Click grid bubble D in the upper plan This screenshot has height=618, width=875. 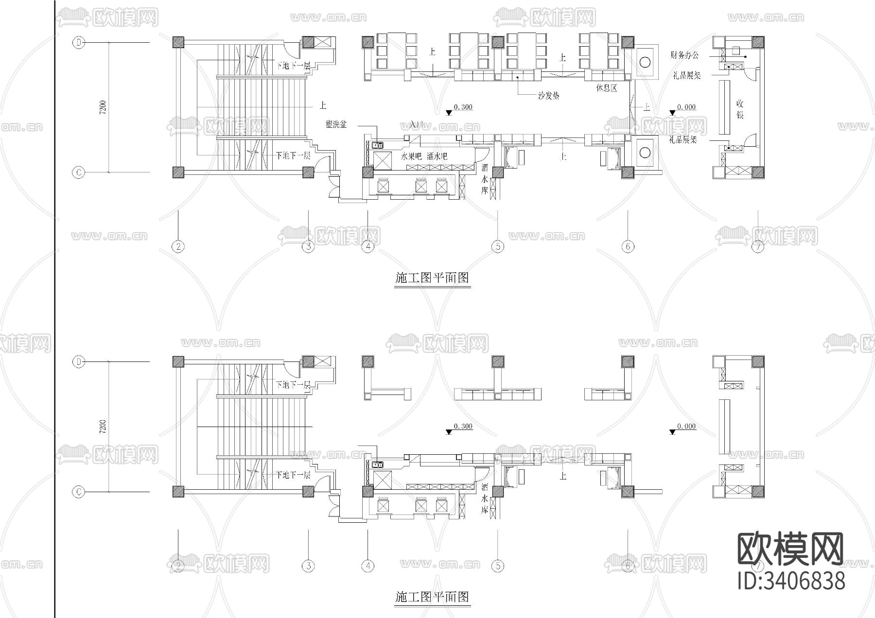click(79, 43)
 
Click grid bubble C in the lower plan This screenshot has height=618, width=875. click(79, 492)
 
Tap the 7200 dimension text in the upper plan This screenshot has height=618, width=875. click(102, 108)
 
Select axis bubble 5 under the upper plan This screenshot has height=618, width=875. click(498, 247)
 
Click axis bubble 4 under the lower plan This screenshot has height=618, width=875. click(368, 566)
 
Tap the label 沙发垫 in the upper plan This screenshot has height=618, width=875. click(548, 96)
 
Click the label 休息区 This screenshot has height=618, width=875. click(606, 88)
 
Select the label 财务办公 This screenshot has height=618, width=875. click(684, 55)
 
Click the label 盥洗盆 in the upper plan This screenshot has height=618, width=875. click(336, 125)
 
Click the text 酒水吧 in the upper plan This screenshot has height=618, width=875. click(437, 157)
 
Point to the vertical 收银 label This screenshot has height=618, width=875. click(740, 110)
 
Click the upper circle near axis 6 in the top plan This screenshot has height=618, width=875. click(645, 62)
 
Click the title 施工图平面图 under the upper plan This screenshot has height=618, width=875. click(432, 278)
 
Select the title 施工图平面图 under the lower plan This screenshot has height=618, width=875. click(432, 597)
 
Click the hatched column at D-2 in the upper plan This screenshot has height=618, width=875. click(179, 42)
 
